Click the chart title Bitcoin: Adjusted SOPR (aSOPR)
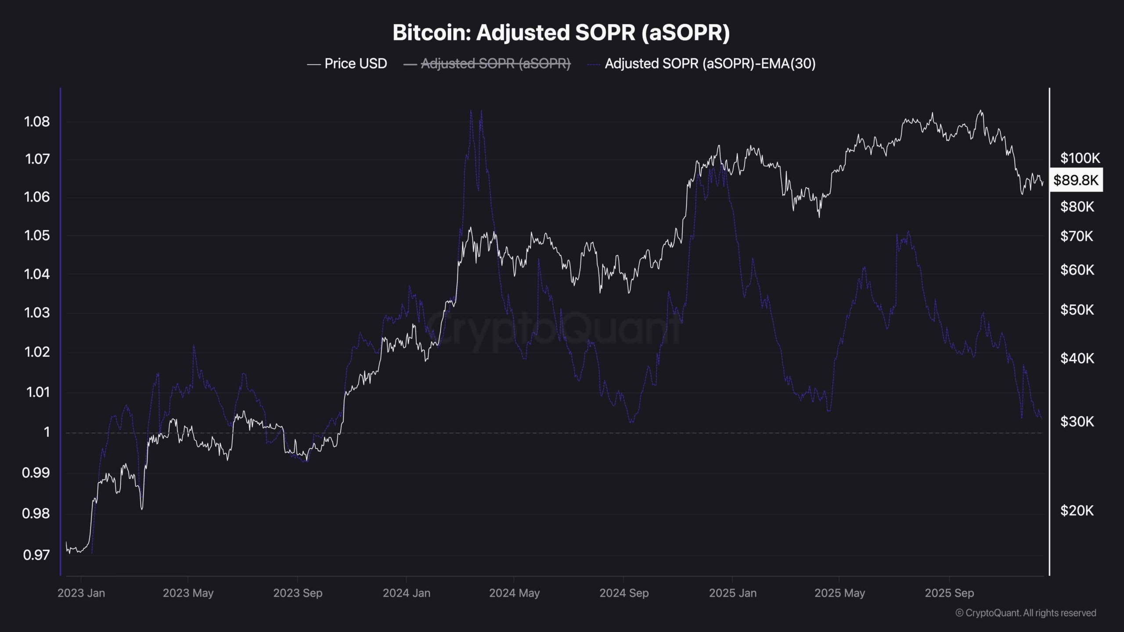click(561, 33)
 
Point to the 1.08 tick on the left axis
click(37, 122)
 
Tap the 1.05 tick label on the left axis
click(37, 236)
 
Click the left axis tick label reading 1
click(47, 433)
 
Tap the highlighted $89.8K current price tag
click(1076, 180)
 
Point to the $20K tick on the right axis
click(1077, 510)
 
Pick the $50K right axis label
click(1077, 310)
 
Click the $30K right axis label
click(1077, 422)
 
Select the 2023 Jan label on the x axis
click(81, 593)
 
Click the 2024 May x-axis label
click(514, 593)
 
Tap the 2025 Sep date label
click(949, 593)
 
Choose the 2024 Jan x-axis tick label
click(407, 593)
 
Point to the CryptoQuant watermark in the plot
click(553, 327)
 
